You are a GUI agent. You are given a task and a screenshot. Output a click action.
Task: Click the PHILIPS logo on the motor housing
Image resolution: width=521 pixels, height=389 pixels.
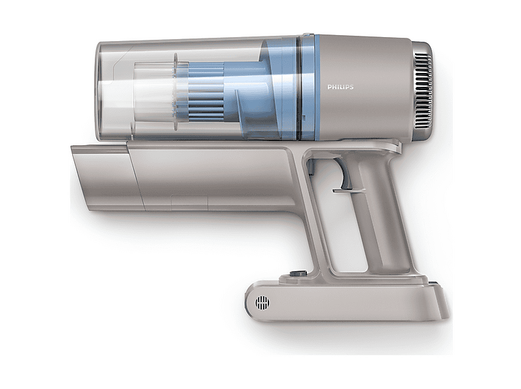pos(340,87)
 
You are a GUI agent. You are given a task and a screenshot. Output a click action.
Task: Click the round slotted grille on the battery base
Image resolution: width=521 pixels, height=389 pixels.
pos(262,303)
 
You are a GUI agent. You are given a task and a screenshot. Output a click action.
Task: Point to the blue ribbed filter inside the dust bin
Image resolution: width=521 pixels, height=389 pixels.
pos(206,91)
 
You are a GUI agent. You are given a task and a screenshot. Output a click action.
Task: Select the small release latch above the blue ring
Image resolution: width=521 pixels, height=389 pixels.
pos(308,34)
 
